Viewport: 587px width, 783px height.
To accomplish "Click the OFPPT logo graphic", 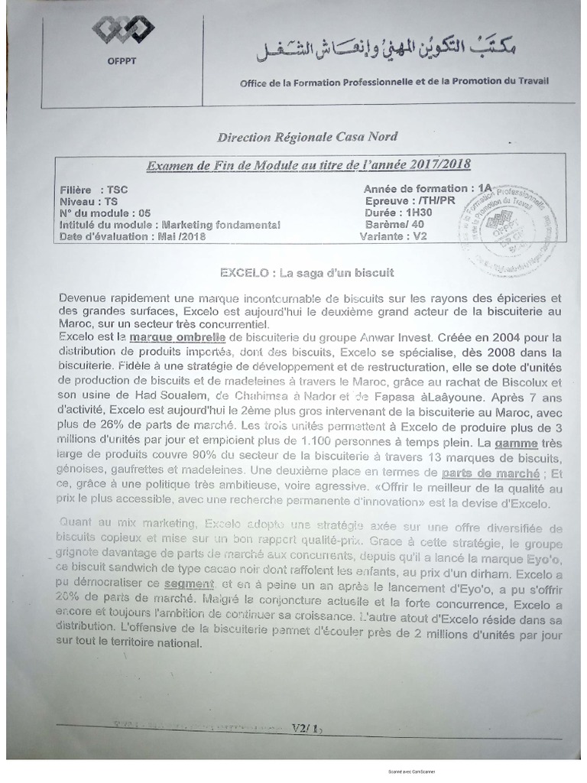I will click(x=122, y=31).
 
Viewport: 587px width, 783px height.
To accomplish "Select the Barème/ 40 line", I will click(x=394, y=224).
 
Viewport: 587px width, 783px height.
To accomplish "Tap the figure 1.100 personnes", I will click(x=316, y=443).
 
